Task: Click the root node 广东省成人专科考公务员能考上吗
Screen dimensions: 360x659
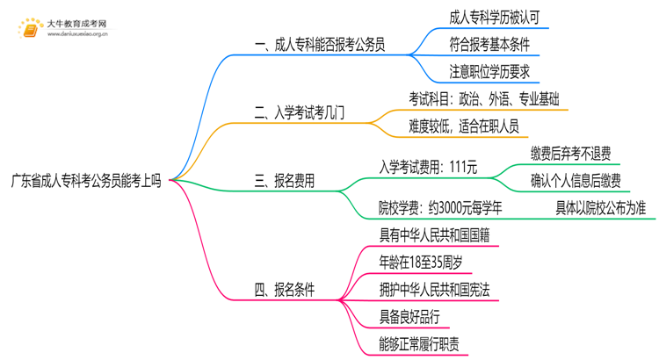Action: tap(86, 182)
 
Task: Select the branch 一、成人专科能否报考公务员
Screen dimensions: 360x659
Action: tap(320, 42)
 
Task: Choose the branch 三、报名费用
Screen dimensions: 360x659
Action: tap(284, 182)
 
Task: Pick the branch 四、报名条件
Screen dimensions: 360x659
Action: tap(284, 289)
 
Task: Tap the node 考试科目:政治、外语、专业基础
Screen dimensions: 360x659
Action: tap(483, 98)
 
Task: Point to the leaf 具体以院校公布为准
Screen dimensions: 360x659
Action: tap(600, 209)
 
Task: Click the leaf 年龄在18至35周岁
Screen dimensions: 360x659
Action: tap(422, 261)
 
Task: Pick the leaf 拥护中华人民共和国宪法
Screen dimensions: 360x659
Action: tap(440, 289)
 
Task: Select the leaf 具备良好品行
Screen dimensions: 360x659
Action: tap(409, 317)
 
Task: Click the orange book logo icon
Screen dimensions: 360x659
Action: tap(30, 31)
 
